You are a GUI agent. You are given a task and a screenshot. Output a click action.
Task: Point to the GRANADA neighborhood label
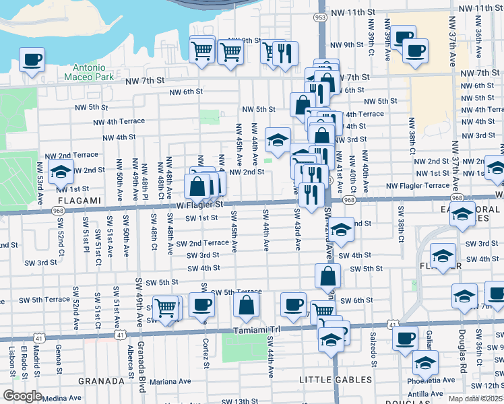coord(101,380)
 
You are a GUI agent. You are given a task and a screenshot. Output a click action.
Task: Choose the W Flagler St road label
coord(200,204)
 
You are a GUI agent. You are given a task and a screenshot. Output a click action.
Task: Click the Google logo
coord(22,396)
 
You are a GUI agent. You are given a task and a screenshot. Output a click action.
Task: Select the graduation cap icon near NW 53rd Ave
coord(61,172)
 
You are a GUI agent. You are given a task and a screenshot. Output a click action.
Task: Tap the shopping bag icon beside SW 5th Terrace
coord(247,304)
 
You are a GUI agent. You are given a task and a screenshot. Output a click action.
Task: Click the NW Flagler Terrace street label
coord(418,185)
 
